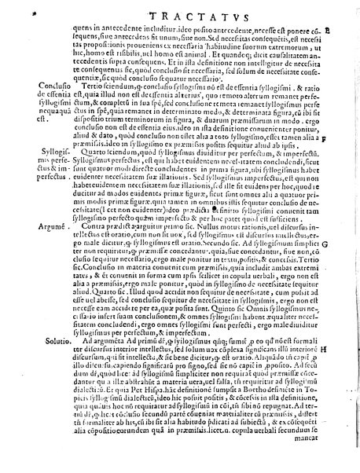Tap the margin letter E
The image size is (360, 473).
pos(348,29)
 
